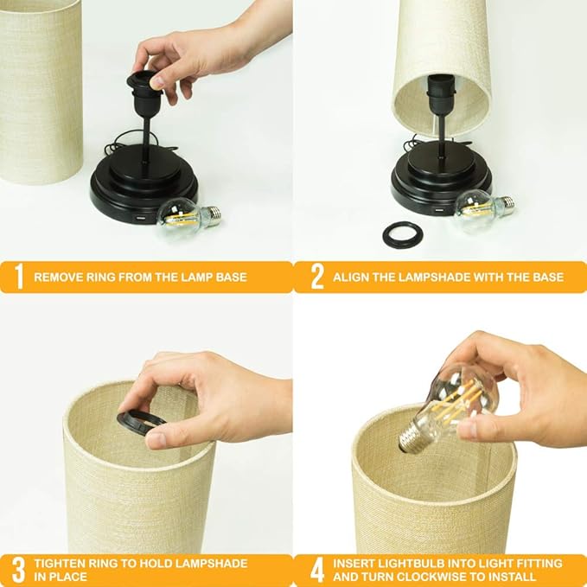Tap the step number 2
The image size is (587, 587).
[317, 278]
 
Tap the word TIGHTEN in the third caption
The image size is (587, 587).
[61, 563]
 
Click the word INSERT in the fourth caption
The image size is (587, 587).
[356, 563]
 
